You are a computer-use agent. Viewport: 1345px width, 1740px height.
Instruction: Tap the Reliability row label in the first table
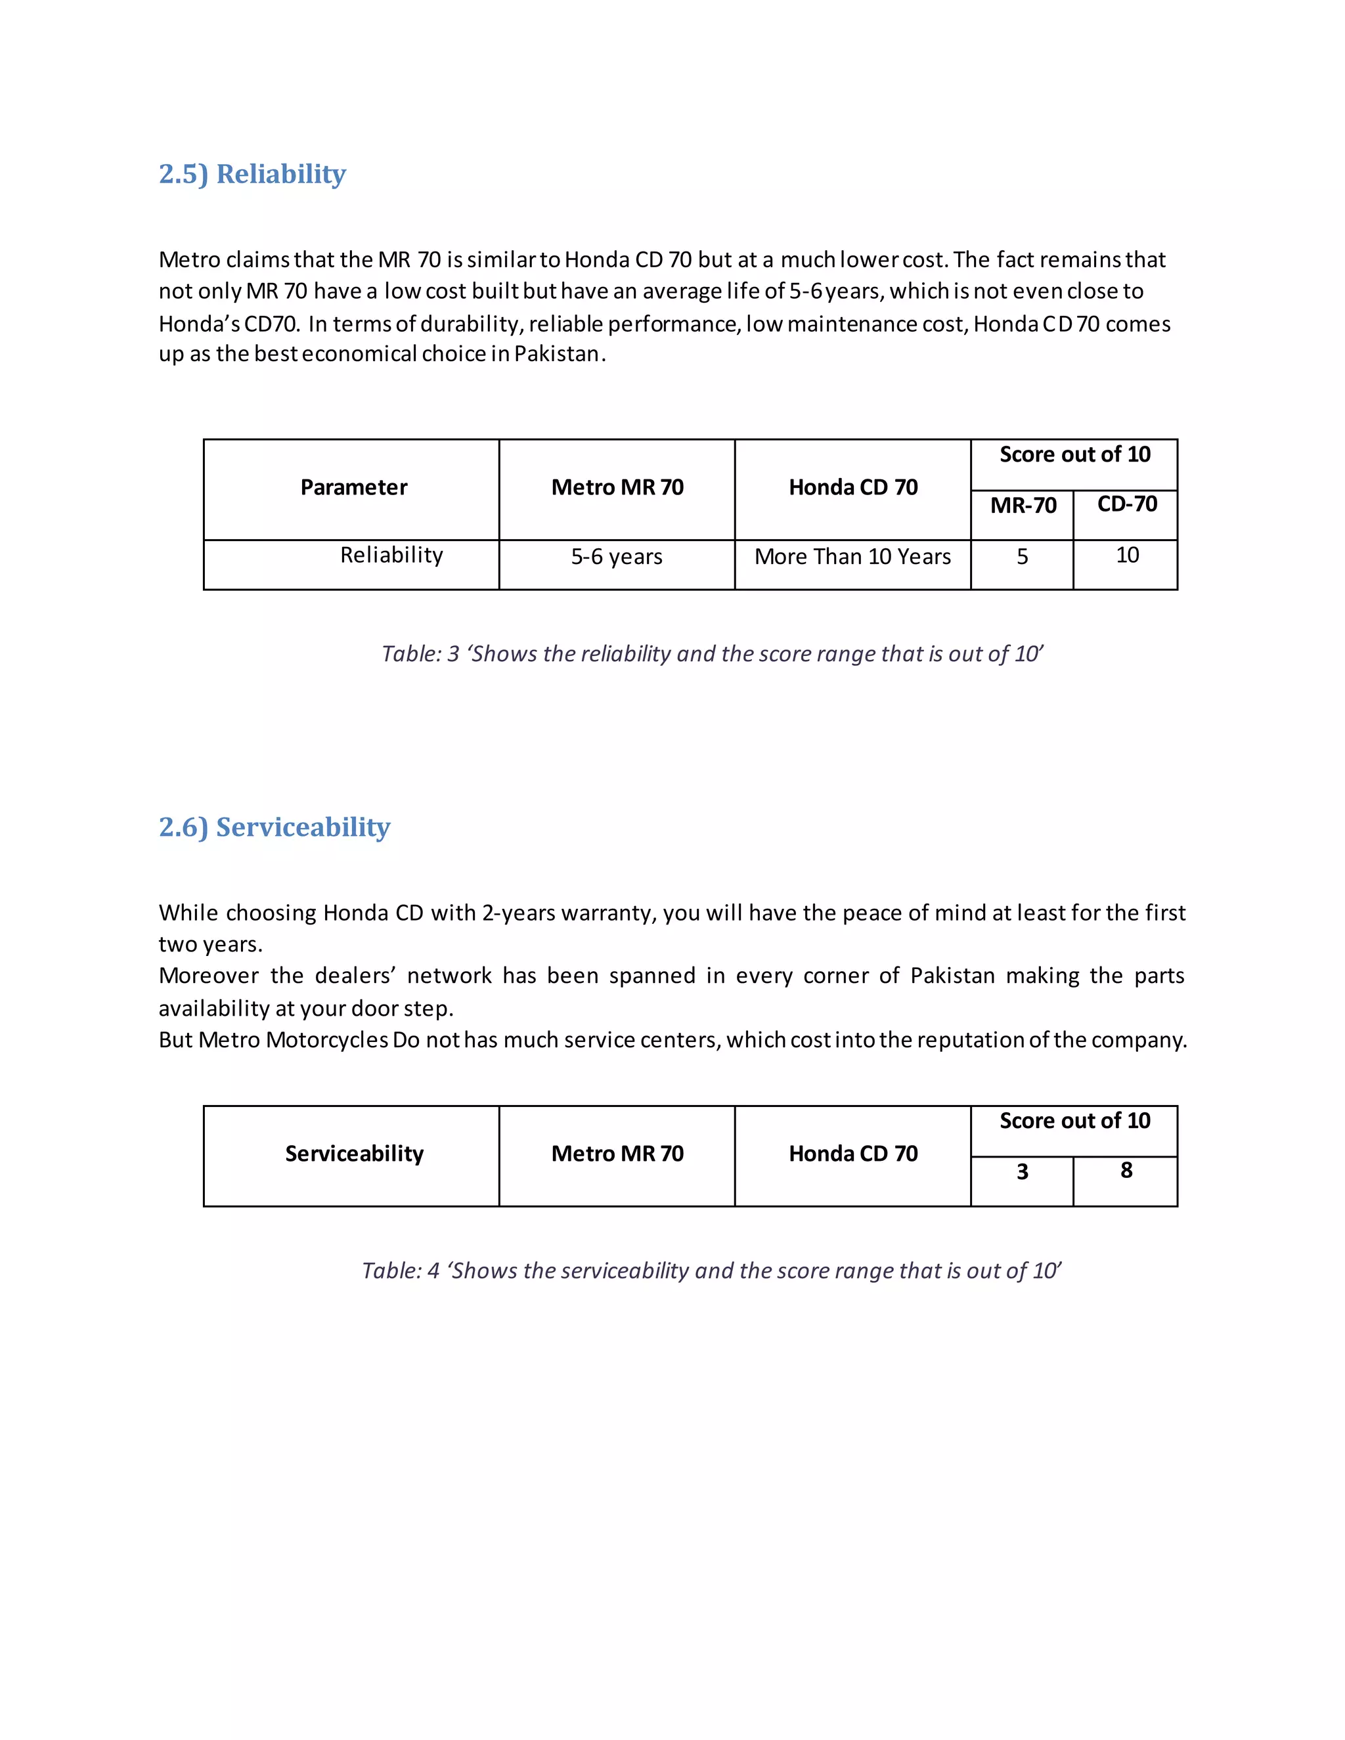391,555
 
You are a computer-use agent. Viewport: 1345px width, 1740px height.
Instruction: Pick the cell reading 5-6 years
616,557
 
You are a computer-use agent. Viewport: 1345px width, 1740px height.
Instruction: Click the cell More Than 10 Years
852,557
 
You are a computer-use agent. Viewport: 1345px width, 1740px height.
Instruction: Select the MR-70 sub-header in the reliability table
1023,506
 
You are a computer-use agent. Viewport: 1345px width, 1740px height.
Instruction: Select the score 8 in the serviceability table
1125,1170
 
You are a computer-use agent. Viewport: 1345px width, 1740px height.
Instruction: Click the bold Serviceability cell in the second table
354,1154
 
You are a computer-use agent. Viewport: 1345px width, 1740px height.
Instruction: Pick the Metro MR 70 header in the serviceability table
617,1154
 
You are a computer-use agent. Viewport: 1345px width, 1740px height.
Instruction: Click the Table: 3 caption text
711,654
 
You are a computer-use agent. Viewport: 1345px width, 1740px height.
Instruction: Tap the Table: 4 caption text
711,1271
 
